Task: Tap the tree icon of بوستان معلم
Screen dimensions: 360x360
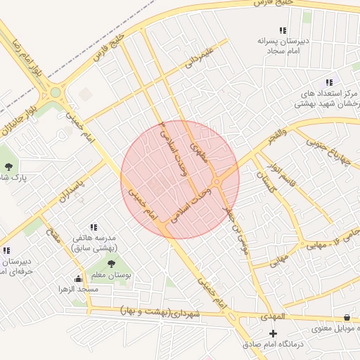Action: (112, 264)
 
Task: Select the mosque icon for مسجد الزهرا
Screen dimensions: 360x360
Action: (77, 278)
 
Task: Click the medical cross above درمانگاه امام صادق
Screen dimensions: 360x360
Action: (274, 332)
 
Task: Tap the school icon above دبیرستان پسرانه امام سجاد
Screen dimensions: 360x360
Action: (283, 30)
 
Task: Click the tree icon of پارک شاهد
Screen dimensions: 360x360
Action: (8, 167)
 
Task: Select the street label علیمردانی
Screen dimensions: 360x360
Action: (198, 57)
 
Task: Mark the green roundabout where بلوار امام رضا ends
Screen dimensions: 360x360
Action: (55, 92)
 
